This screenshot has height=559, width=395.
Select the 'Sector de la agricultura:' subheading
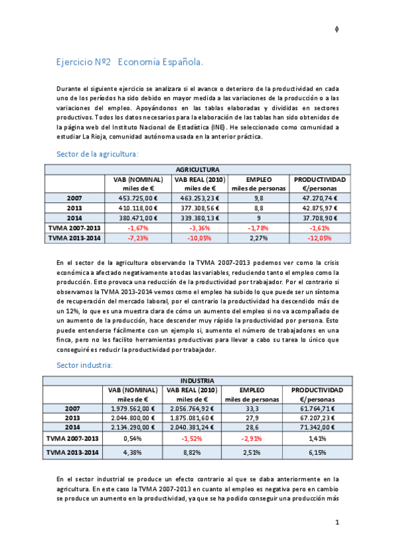(98, 154)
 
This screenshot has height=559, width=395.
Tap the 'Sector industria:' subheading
(84, 364)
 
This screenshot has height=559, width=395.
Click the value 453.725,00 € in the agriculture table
(138, 197)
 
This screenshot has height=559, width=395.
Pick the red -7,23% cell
(138, 237)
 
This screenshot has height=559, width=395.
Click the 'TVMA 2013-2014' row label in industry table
(74, 452)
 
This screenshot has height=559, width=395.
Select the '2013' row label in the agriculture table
(74, 207)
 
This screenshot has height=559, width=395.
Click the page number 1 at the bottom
(337, 523)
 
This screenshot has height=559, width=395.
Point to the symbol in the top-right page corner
(337, 29)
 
